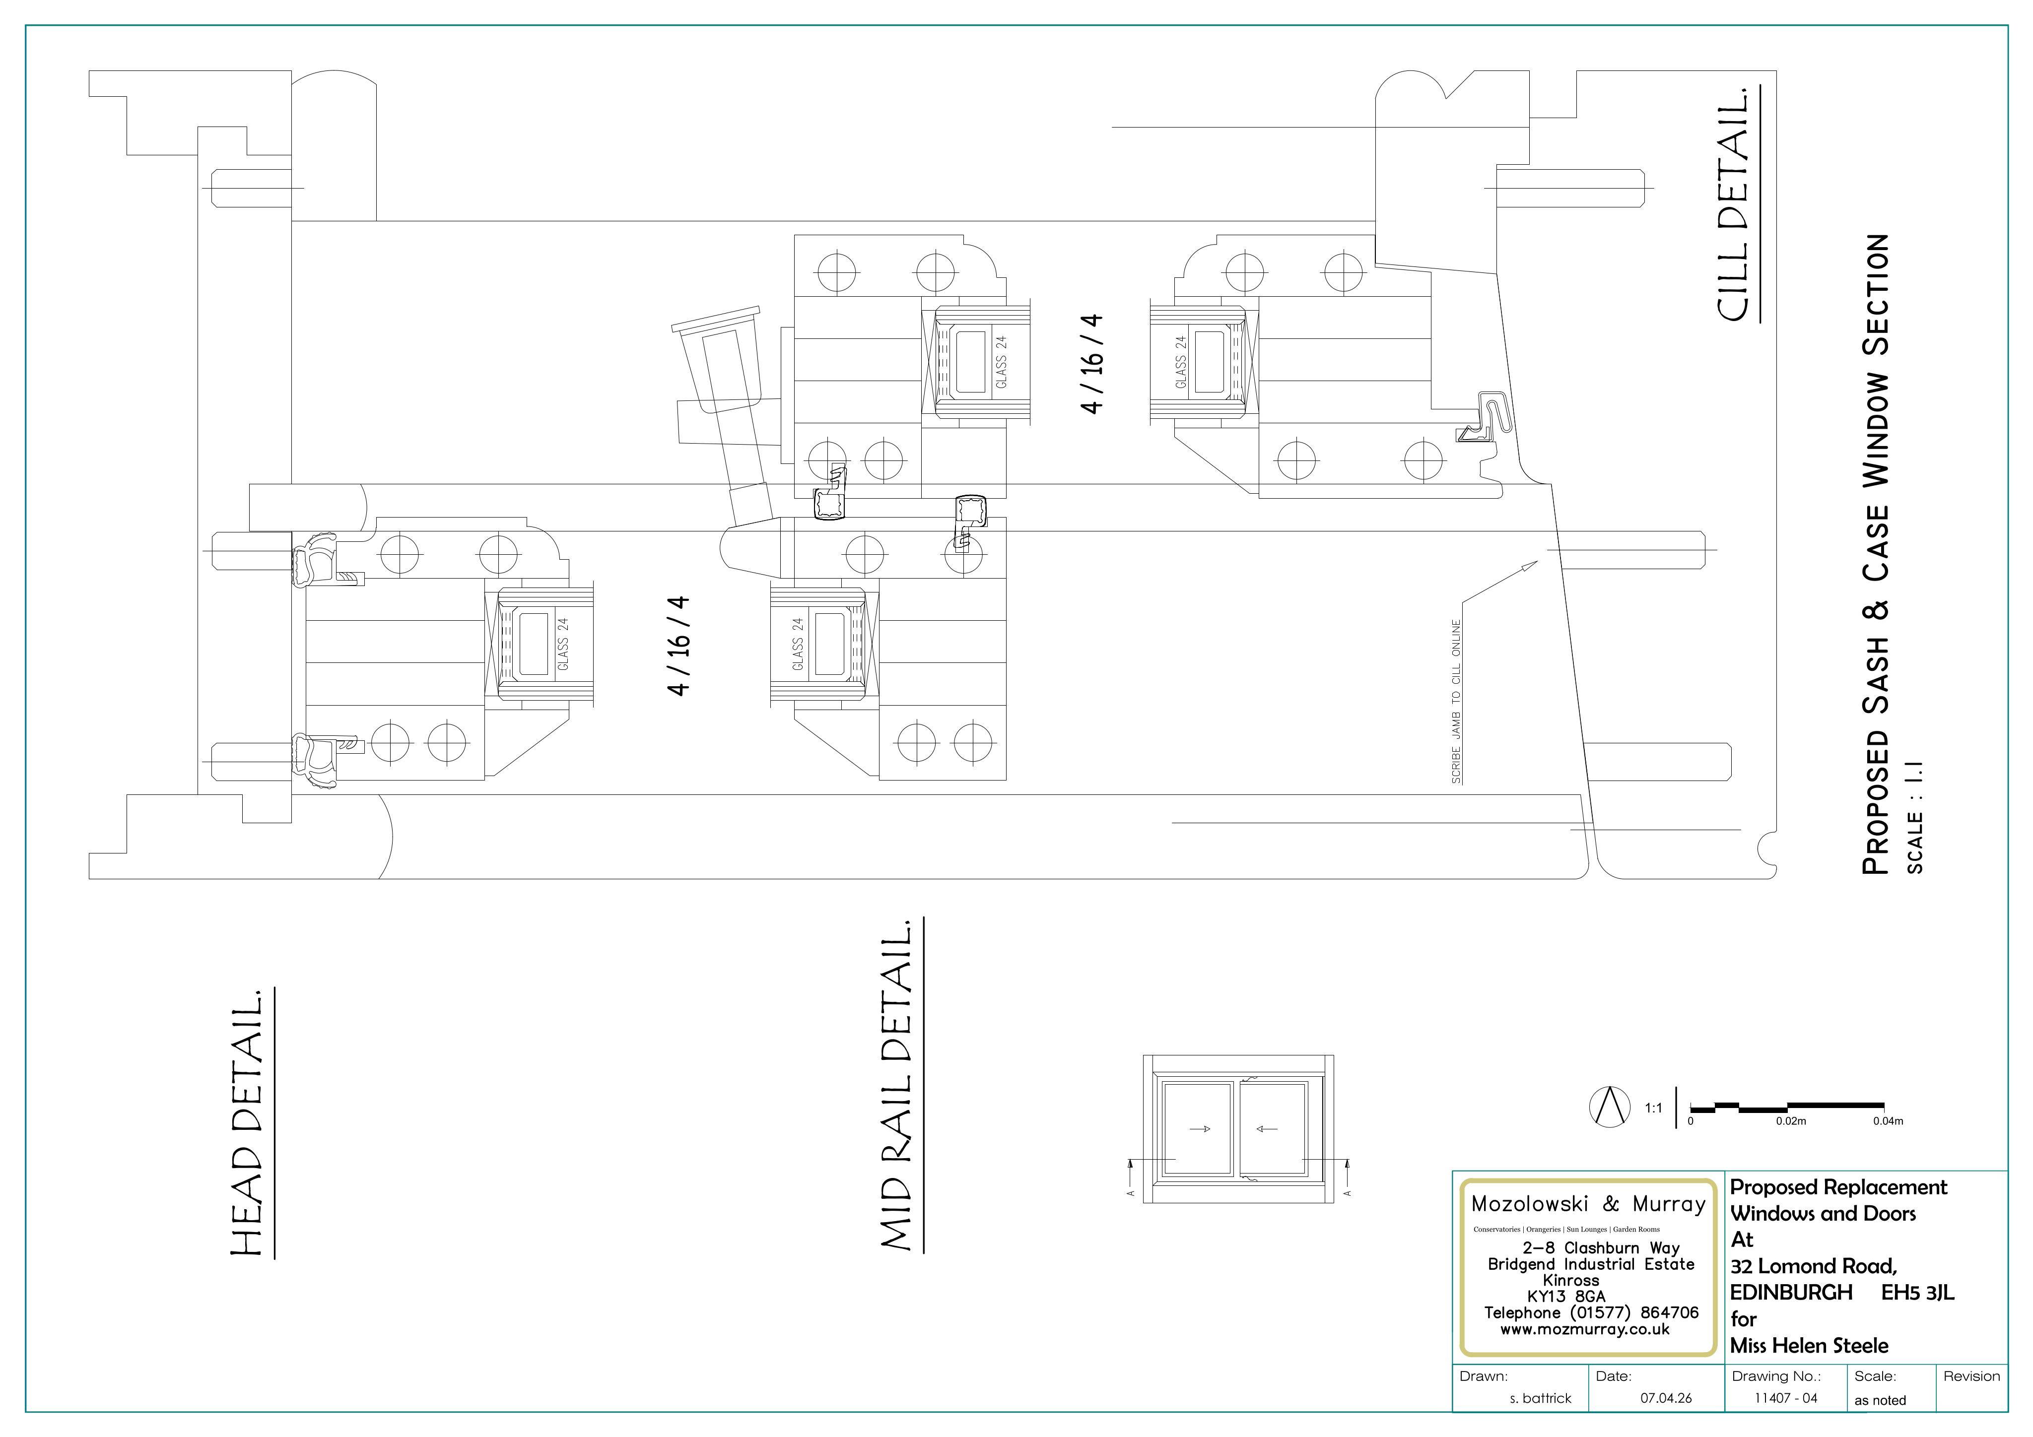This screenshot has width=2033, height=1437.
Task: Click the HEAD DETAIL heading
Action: pyautogui.click(x=248, y=1123)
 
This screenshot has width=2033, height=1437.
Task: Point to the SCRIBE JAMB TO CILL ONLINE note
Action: pyautogui.click(x=1457, y=701)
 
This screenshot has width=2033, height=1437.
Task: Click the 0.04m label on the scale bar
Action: pyautogui.click(x=1888, y=1121)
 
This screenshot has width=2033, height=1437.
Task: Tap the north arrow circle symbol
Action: pyautogui.click(x=1610, y=1107)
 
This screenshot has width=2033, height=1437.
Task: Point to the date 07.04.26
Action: pyautogui.click(x=1666, y=1398)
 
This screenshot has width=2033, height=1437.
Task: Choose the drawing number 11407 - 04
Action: pyautogui.click(x=1786, y=1398)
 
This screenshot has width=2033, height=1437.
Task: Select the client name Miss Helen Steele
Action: pyautogui.click(x=1809, y=1346)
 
